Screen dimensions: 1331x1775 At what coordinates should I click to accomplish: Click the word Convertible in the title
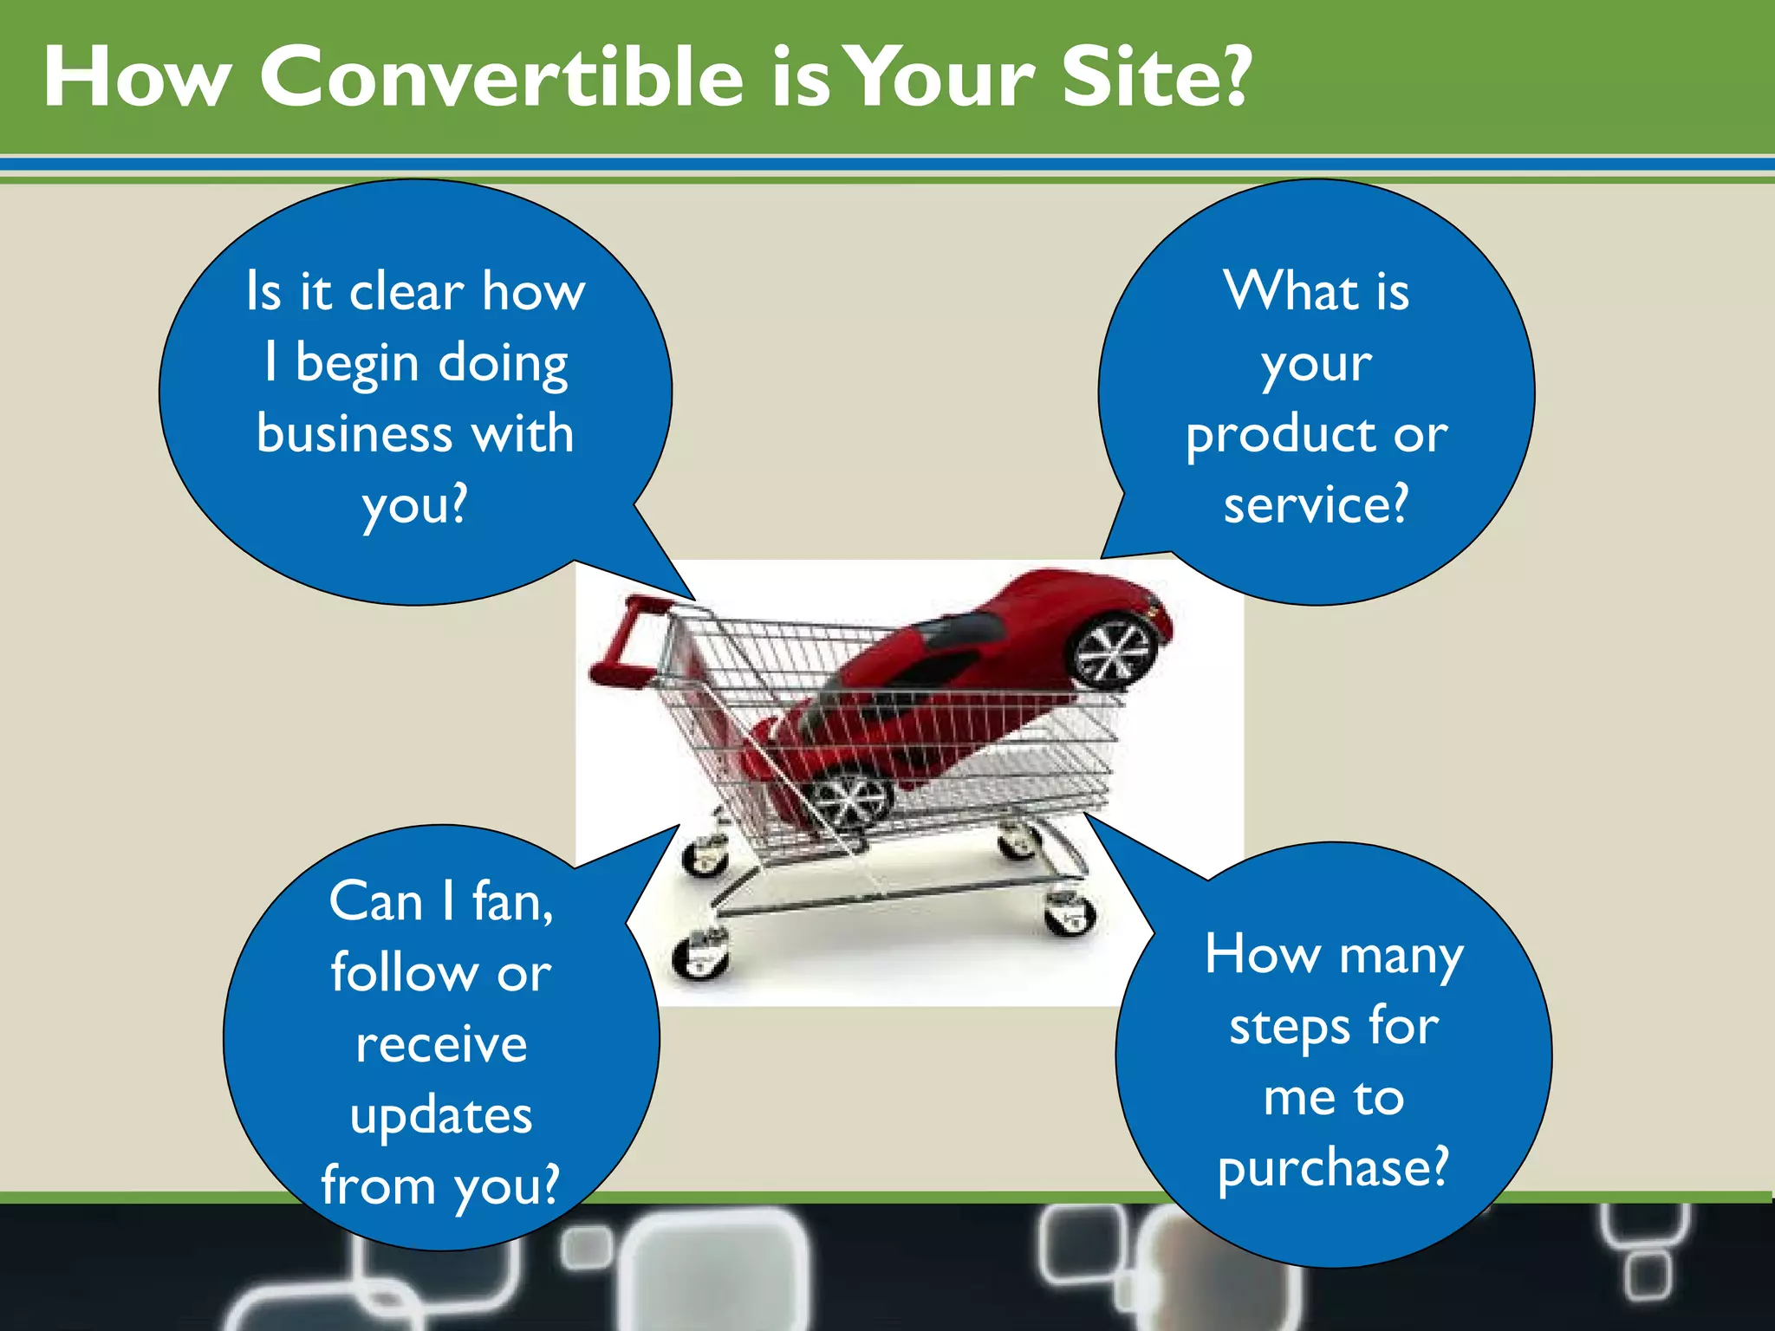[x=502, y=78]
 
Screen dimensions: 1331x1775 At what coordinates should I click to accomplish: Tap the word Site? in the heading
[x=1157, y=78]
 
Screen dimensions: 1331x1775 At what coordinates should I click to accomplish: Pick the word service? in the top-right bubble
[x=1316, y=504]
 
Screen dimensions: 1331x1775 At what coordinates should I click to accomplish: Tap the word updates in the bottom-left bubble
[x=441, y=1116]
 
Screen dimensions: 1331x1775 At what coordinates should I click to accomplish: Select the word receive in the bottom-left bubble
[x=441, y=1044]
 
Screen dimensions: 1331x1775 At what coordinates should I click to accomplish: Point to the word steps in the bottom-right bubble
[x=1291, y=1028]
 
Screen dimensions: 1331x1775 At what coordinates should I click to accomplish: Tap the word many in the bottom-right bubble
[x=1401, y=957]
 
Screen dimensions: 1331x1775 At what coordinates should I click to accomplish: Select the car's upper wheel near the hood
[x=1114, y=652]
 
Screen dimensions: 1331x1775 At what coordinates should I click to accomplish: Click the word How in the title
[x=136, y=78]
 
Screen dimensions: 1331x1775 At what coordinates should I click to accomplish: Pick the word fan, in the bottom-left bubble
[x=512, y=903]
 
